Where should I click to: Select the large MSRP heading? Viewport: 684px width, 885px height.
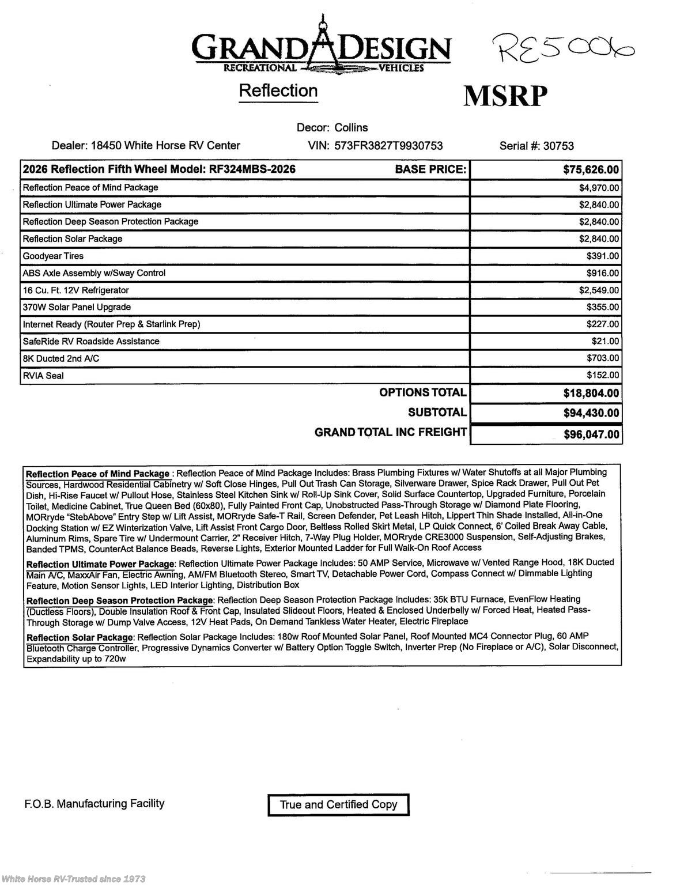(x=505, y=96)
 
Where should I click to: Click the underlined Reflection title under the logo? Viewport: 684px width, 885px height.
(x=278, y=91)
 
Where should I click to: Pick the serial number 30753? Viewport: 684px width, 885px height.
(x=558, y=146)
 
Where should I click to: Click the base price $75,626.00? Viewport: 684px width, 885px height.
(x=591, y=169)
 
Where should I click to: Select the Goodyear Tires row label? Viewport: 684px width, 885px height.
(x=53, y=256)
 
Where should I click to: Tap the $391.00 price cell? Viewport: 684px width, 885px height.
(x=603, y=256)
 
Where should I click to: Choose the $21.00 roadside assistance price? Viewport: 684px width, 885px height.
(x=607, y=341)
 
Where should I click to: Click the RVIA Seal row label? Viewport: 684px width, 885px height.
(x=43, y=376)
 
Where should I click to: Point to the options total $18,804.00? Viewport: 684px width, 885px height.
(x=591, y=393)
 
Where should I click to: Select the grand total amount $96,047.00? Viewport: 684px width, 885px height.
(x=591, y=434)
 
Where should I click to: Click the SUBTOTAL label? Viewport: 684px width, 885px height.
(x=437, y=412)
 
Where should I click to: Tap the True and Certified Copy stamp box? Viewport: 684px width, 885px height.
(x=338, y=804)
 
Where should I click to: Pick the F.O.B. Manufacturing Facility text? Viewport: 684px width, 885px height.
(x=95, y=803)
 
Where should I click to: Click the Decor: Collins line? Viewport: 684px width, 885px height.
(x=332, y=127)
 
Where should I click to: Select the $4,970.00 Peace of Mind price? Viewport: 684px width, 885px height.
(x=599, y=188)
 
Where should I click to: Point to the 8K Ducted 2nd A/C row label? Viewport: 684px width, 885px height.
(x=61, y=358)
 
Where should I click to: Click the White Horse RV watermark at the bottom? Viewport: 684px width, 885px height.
(x=73, y=879)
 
